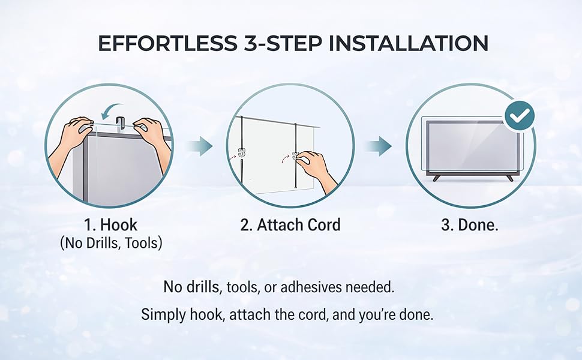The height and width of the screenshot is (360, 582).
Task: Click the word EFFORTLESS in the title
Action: click(167, 43)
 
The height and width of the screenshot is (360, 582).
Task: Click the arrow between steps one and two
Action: click(200, 146)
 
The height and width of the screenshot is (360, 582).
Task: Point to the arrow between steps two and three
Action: click(379, 146)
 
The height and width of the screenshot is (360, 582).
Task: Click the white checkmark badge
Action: click(520, 116)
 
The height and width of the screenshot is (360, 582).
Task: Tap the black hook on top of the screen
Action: click(120, 123)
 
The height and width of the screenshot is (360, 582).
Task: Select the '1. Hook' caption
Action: click(110, 225)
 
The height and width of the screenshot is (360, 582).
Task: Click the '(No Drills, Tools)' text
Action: click(111, 243)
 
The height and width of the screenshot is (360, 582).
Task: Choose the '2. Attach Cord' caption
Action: click(290, 225)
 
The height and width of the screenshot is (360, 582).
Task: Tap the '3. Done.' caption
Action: click(470, 225)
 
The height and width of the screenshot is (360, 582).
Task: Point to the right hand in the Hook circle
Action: click(153, 143)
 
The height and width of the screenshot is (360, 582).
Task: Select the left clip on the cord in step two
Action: click(242, 152)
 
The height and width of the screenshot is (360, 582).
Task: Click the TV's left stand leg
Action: click(437, 178)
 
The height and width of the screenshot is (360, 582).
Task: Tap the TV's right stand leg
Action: click(509, 178)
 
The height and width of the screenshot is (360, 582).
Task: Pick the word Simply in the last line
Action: click(164, 315)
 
